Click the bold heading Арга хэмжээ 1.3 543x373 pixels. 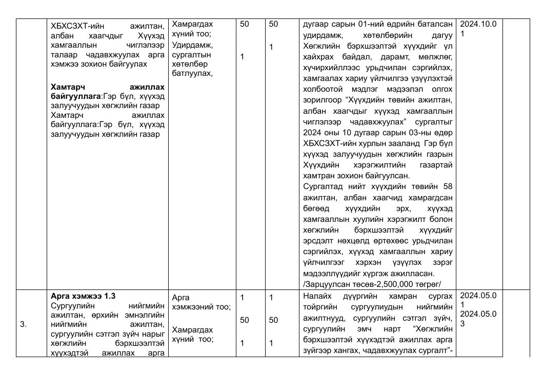[83, 296]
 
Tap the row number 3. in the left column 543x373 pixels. [24, 324]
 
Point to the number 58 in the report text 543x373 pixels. [447, 185]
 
